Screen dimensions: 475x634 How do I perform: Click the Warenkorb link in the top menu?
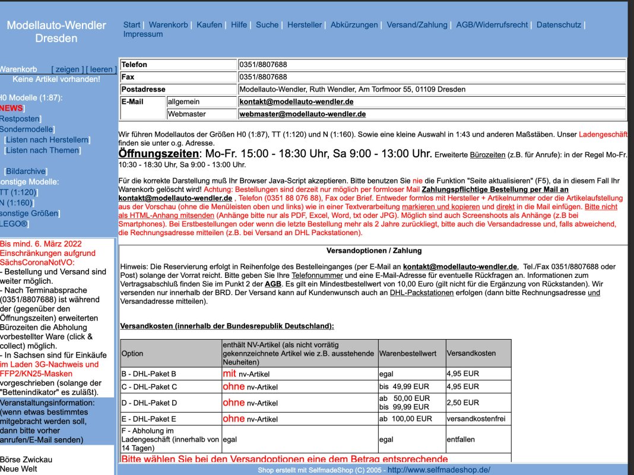pos(168,25)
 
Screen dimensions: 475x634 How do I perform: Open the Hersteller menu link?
pos(305,25)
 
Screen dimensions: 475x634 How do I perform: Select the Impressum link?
pos(142,34)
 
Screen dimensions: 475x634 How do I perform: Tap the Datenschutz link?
pos(559,25)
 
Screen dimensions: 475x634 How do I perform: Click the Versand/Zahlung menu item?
pos(417,25)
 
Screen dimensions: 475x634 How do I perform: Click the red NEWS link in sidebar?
pos(11,108)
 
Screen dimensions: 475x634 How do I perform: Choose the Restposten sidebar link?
pos(19,119)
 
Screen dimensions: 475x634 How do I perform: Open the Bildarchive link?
pos(26,171)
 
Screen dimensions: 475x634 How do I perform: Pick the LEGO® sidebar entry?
pos(13,224)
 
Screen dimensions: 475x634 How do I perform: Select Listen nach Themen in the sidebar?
pos(42,150)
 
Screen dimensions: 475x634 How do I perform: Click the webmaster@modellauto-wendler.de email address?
pos(302,114)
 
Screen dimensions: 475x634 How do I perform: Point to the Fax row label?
pos(128,77)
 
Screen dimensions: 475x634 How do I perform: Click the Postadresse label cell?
pos(143,90)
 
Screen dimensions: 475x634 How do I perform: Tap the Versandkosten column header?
pos(471,353)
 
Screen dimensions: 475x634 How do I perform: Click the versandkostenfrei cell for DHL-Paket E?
pos(475,419)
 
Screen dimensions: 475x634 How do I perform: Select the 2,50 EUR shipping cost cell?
pos(462,403)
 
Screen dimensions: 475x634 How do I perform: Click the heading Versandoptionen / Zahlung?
pos(373,251)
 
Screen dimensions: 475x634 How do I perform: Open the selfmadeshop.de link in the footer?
pos(439,470)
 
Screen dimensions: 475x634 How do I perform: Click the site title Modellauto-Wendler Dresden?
pos(56,31)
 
